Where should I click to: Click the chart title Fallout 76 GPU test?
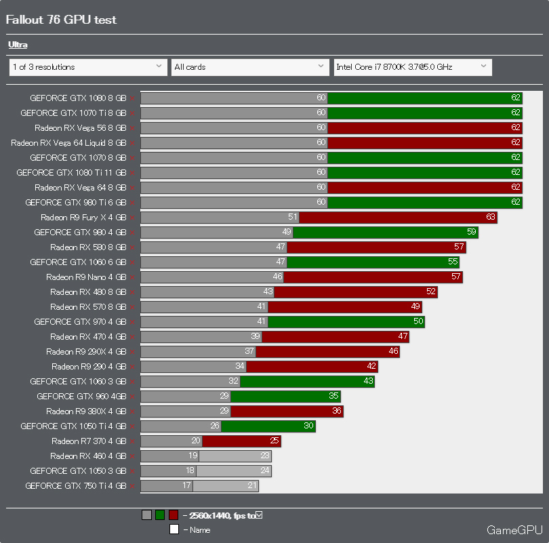pos(61,20)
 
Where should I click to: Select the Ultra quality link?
pos(18,45)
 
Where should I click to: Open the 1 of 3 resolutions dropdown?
pos(87,67)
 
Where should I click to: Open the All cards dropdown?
pos(250,67)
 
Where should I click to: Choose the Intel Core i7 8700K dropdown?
pos(412,67)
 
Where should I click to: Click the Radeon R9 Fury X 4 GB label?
pos(83,218)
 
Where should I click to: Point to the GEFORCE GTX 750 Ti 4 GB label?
pos(76,486)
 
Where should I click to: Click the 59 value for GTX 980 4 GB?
pos(472,233)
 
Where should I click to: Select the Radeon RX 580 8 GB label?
pos(88,247)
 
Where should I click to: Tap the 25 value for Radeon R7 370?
pos(274,441)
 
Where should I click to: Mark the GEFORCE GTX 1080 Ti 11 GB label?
pos(71,173)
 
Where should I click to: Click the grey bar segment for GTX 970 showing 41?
pos(203,322)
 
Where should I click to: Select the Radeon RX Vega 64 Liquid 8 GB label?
pos(68,143)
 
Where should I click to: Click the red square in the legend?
pos(174,515)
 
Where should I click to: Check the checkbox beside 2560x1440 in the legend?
pos(259,515)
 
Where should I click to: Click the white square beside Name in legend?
pos(174,529)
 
